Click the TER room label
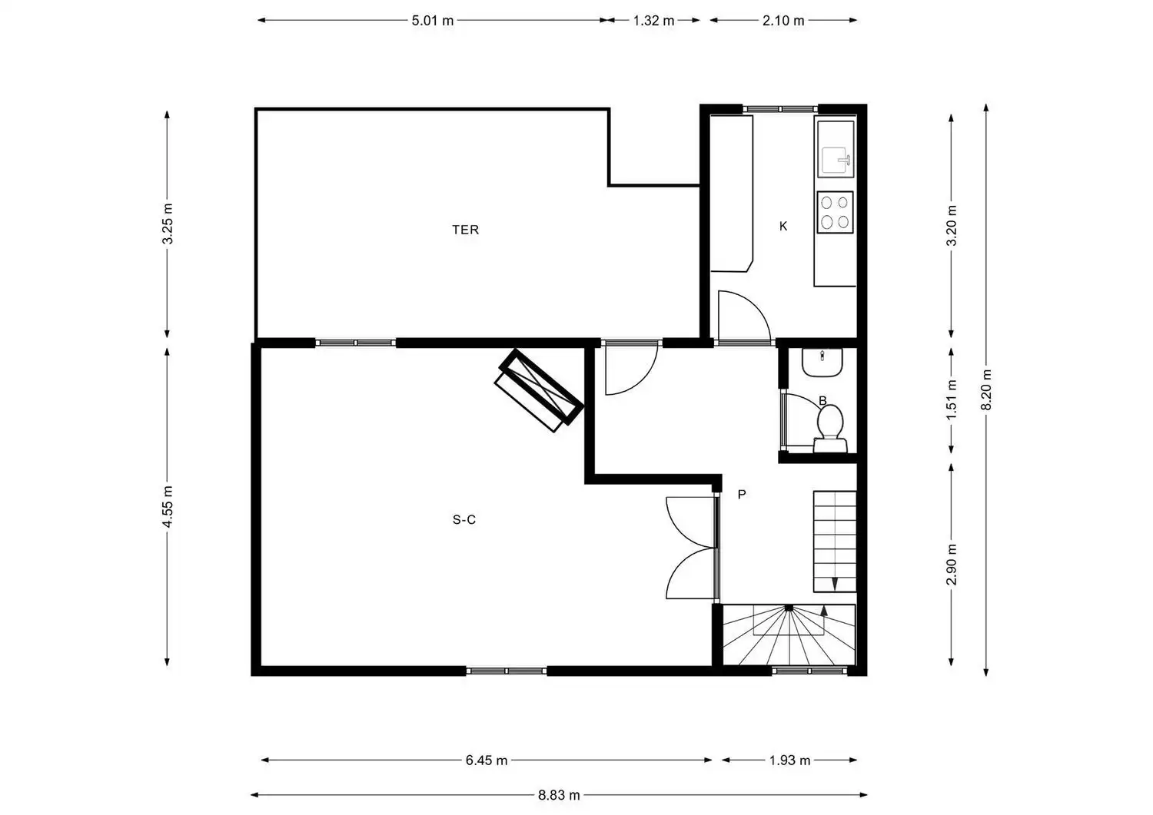point(465,230)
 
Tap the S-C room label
point(464,520)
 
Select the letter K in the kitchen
point(783,227)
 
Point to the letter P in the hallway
point(742,495)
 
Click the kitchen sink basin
point(835,161)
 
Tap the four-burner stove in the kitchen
point(834,212)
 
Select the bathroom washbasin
point(822,362)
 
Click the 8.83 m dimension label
point(559,796)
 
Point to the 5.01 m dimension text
point(432,21)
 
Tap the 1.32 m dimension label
point(653,21)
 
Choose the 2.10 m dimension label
point(783,21)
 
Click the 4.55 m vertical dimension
point(168,506)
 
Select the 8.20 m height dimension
point(985,390)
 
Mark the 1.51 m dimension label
point(952,399)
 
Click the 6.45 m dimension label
point(487,760)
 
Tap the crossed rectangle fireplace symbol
point(539,390)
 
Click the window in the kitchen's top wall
point(780,109)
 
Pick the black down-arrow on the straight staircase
point(834,584)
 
